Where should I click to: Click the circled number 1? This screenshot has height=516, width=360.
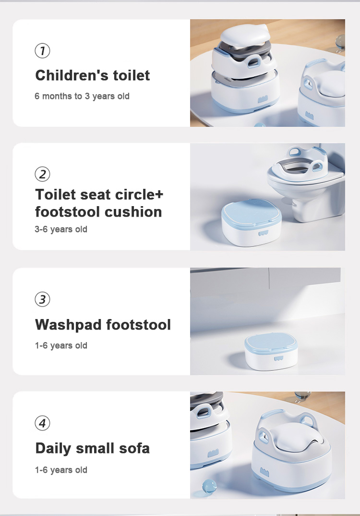[42, 50]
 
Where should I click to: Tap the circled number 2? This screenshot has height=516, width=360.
[42, 174]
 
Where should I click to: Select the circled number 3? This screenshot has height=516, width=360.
[42, 299]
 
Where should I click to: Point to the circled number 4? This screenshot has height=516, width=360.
[42, 423]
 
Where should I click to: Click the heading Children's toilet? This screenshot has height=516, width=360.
[92, 75]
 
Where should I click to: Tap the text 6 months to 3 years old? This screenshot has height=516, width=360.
[82, 96]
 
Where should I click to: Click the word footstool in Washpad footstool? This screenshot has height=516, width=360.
[138, 324]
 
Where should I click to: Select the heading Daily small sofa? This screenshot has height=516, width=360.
[92, 449]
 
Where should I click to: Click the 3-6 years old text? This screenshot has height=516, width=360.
[61, 229]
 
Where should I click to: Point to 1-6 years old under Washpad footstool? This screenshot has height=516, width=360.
[61, 345]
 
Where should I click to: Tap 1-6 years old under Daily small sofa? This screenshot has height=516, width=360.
[61, 469]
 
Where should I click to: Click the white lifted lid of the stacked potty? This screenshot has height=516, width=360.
[245, 36]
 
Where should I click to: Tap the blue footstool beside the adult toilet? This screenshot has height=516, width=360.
[252, 222]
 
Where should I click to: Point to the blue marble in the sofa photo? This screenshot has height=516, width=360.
[209, 486]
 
